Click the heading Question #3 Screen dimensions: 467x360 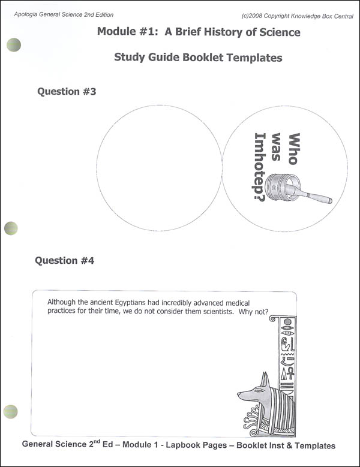pyautogui.click(x=66, y=92)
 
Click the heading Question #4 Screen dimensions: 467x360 pyautogui.click(x=64, y=261)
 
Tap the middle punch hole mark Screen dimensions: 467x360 pyautogui.click(x=11, y=227)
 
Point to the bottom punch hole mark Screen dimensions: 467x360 pyautogui.click(x=11, y=411)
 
